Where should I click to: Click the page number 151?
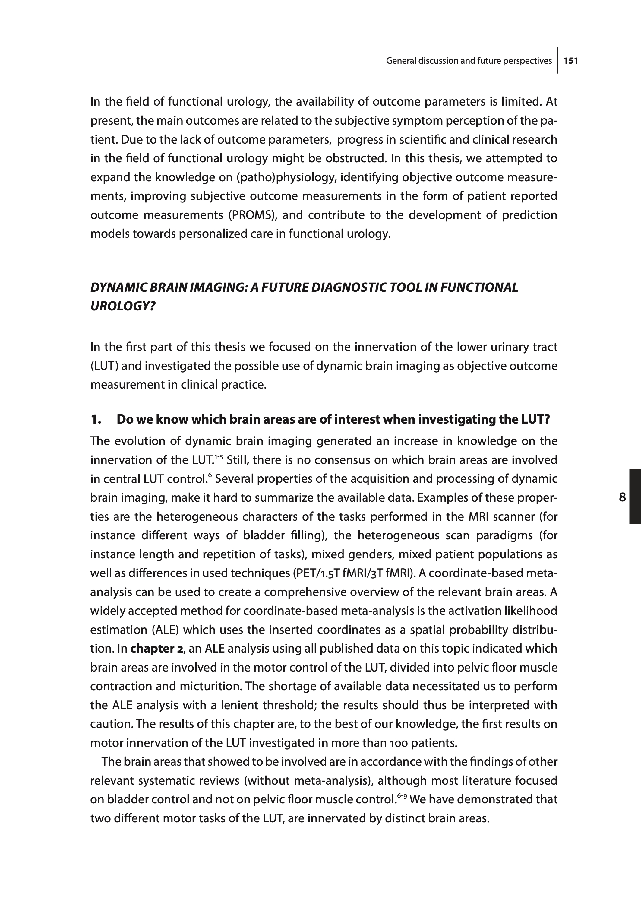[571, 61]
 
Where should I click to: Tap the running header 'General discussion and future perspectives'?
[469, 61]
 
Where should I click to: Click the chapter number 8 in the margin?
[622, 497]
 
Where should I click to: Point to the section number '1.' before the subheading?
[96, 419]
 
